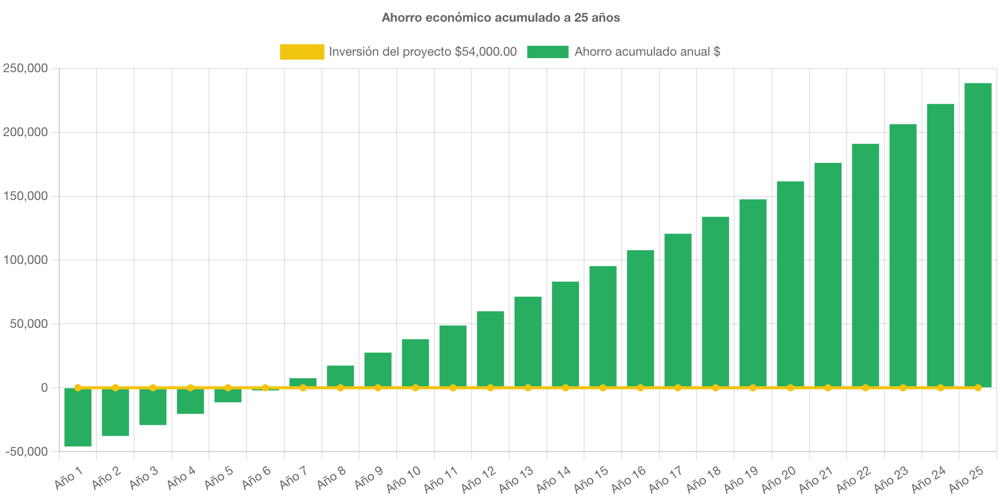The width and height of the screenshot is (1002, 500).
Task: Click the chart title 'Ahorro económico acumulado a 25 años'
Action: pos(500,18)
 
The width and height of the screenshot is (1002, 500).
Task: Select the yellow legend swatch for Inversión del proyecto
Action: pos(302,52)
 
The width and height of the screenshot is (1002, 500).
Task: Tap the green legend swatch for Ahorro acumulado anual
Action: pos(547,52)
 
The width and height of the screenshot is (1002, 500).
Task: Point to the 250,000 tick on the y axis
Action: pos(25,68)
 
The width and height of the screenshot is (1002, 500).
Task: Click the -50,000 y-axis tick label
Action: pos(27,452)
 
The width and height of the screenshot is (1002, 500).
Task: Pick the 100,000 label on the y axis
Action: pos(25,260)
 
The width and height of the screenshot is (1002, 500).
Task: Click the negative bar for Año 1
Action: pos(78,418)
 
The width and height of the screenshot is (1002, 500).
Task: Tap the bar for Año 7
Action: pos(303,382)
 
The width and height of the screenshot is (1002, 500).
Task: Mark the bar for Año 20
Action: pos(790,284)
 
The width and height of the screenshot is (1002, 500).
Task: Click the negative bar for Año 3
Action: pos(153,407)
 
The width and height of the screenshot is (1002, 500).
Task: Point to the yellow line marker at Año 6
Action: pos(265,388)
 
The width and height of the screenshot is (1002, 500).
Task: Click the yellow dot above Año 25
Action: pos(978,388)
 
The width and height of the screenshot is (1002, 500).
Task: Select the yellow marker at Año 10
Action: pos(415,388)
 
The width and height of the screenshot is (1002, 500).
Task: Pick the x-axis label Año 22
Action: pos(854,479)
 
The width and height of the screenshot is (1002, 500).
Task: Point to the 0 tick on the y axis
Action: pos(44,388)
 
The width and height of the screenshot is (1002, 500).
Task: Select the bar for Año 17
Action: pos(678,309)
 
